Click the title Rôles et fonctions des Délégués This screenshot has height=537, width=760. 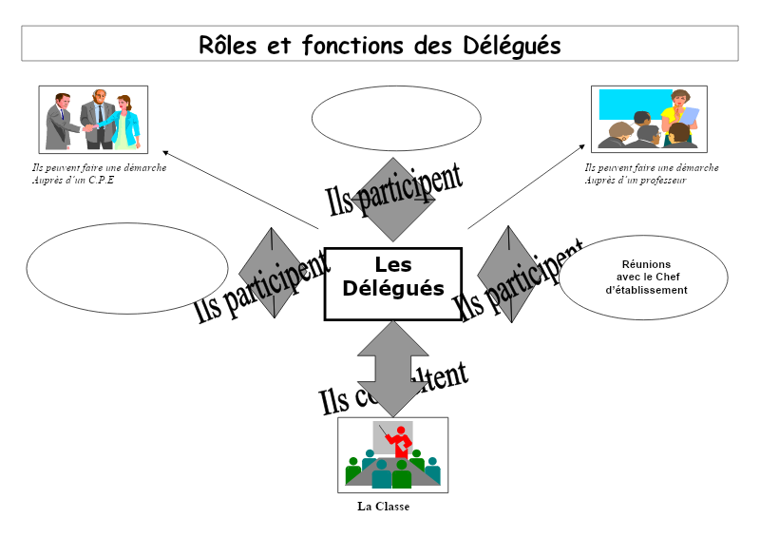pos(380,45)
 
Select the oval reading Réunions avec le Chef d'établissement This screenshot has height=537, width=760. pos(645,277)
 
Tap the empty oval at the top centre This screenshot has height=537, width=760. pos(396,118)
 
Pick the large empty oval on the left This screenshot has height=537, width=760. pos(127,268)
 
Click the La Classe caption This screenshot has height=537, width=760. pos(383,507)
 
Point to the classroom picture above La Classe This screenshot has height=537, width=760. pos(392,455)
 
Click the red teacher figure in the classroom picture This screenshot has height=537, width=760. pos(402,443)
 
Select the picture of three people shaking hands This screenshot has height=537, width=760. pos(93,119)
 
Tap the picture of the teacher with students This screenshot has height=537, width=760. pos(649,119)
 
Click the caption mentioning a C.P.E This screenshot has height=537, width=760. pos(99,173)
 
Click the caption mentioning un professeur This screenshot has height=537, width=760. pos(651,173)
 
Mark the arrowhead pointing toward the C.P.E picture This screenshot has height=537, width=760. pos(166,152)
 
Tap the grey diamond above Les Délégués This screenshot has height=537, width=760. pos(391,200)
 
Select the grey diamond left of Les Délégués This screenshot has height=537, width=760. pos(273,272)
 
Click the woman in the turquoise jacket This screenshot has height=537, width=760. pos(124,122)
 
